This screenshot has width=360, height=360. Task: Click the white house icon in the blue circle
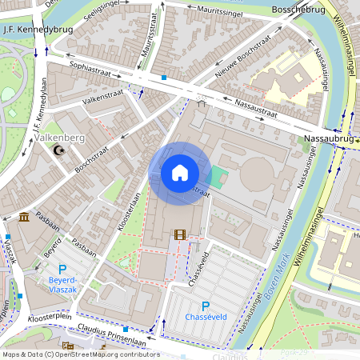pos(179,173)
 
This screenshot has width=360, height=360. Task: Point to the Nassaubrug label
pos(329,138)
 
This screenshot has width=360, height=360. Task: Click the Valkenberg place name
pos(61,138)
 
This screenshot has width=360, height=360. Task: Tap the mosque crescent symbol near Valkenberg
pos(57,150)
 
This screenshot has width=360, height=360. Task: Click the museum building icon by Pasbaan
pos(24,217)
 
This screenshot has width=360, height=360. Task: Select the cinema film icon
pos(179,235)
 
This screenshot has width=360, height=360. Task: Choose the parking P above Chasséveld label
pos(206,306)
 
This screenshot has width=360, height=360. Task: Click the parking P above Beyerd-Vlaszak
pos(62,270)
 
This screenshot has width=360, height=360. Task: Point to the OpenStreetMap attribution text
pos(80,354)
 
